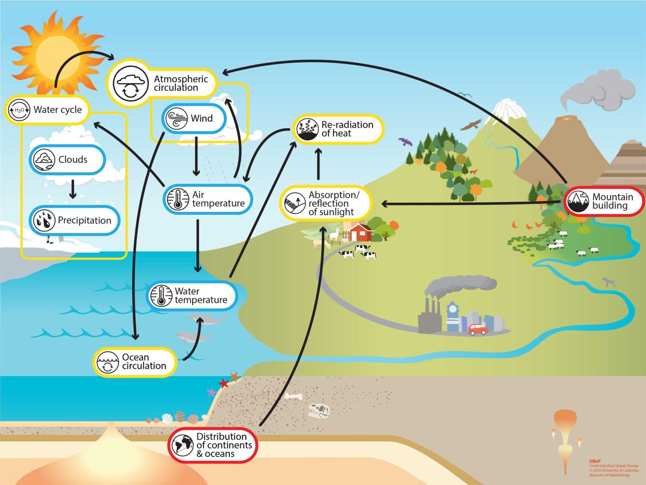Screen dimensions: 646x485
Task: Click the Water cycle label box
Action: click(47, 110)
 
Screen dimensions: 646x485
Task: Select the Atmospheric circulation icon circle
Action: click(131, 83)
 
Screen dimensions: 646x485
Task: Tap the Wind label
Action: click(201, 118)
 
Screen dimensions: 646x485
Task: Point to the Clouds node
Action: click(67, 160)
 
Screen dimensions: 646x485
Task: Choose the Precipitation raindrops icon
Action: click(44, 221)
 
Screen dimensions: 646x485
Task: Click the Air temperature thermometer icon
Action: click(177, 200)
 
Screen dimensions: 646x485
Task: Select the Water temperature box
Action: click(192, 296)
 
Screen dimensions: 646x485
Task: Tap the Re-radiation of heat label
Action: click(347, 129)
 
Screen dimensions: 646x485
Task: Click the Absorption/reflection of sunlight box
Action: click(326, 203)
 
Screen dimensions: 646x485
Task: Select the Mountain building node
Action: click(604, 201)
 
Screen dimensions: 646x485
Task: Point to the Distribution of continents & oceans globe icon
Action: click(182, 445)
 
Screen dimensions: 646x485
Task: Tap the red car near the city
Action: click(478, 329)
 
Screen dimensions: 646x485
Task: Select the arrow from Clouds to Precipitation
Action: click(73, 189)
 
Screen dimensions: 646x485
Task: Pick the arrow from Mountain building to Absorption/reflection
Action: click(471, 203)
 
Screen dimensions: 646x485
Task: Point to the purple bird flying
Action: click(405, 141)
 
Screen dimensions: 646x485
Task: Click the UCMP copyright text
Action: click(613, 469)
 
